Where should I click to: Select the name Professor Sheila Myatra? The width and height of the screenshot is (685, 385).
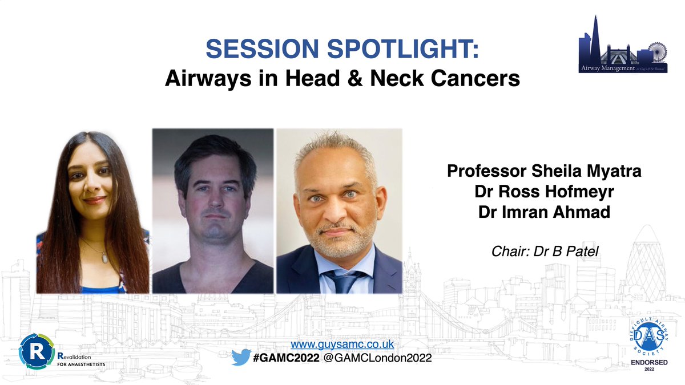click(x=545, y=171)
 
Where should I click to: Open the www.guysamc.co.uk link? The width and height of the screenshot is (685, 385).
click(x=342, y=344)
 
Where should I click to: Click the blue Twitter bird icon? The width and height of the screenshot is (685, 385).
click(x=241, y=358)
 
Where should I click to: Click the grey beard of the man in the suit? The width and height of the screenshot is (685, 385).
click(x=337, y=240)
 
